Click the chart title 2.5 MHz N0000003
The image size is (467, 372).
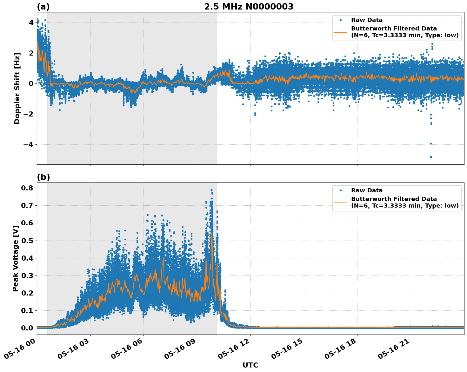click(x=249, y=7)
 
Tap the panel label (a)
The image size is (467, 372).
click(x=43, y=7)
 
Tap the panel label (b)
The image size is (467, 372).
click(x=43, y=177)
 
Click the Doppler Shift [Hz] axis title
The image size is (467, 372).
click(x=17, y=88)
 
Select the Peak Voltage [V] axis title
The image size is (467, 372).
click(x=16, y=258)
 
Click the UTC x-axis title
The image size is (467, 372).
click(x=250, y=365)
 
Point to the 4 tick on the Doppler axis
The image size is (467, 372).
click(x=31, y=23)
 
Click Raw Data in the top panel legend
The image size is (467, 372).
click(x=367, y=20)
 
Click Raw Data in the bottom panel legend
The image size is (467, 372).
click(x=367, y=190)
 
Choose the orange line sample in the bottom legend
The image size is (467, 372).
click(x=341, y=202)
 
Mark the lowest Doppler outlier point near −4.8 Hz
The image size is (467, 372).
click(x=431, y=157)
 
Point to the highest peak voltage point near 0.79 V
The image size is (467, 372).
click(x=211, y=190)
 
